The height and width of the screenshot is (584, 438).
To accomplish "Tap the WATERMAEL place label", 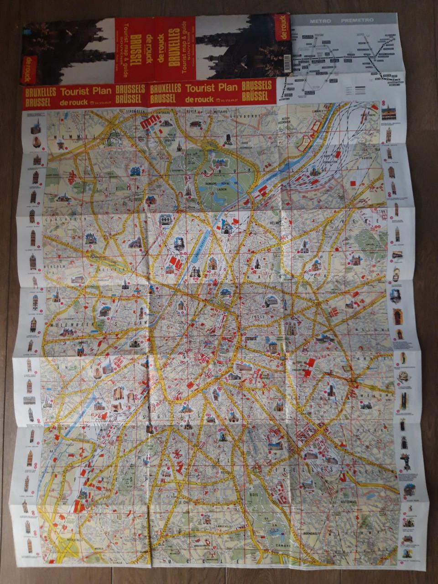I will (348, 489).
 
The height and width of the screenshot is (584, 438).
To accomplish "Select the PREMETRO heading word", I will (357, 21).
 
